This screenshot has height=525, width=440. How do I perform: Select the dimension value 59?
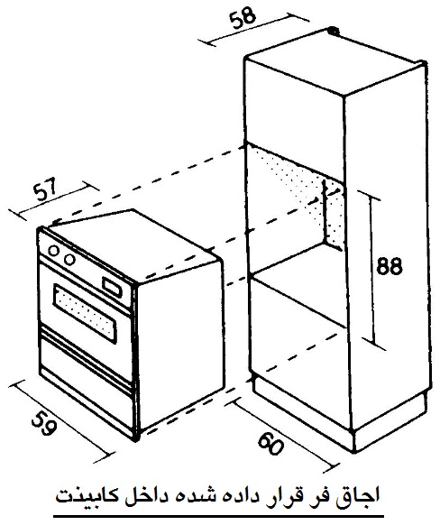point(42,423)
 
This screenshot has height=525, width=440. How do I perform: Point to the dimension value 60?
point(271,444)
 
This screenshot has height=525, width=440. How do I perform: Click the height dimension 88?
point(390,266)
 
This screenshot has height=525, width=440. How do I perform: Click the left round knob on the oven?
point(53,251)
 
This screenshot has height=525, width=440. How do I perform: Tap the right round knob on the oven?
point(69,259)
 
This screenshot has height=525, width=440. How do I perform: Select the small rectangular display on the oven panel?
point(112,287)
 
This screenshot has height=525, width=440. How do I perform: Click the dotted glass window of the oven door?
point(85,313)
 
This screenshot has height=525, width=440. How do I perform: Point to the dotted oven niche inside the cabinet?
point(298,194)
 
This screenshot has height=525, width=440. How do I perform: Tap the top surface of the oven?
point(133,245)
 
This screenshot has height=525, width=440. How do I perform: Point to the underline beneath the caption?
point(218,517)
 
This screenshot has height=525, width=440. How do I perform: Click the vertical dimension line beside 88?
point(372,270)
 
